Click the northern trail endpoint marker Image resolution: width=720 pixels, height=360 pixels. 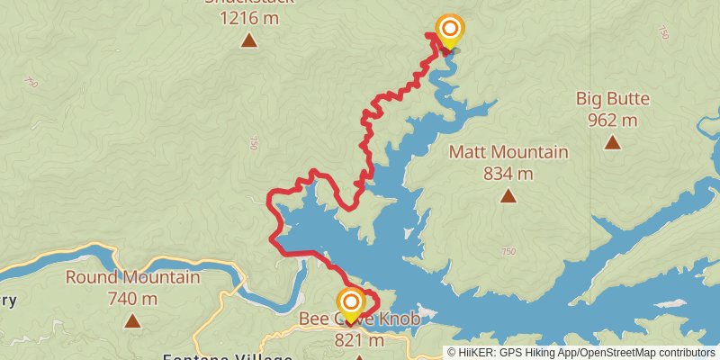pyautogui.click(x=448, y=30)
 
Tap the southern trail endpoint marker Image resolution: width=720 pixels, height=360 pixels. pyautogui.click(x=351, y=301)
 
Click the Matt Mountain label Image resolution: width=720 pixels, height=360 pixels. pyautogui.click(x=508, y=152)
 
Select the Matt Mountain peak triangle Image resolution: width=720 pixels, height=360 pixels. pyautogui.click(x=508, y=195)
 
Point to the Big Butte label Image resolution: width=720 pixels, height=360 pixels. pyautogui.click(x=612, y=98)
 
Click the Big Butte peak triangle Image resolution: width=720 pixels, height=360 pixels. pyautogui.click(x=612, y=141)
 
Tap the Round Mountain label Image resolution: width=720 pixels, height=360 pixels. pyautogui.click(x=132, y=277)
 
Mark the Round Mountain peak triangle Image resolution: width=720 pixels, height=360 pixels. pyautogui.click(x=132, y=319)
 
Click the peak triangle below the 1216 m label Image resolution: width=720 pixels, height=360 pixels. pyautogui.click(x=248, y=40)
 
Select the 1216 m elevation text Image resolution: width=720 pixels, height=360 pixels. pyautogui.click(x=248, y=16)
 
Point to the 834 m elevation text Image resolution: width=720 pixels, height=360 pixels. pyautogui.click(x=508, y=173)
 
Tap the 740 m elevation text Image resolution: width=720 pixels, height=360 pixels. pyautogui.click(x=132, y=298)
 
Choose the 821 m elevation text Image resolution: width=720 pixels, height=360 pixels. pyautogui.click(x=359, y=339)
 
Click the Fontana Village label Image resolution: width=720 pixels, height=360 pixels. pyautogui.click(x=224, y=355)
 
